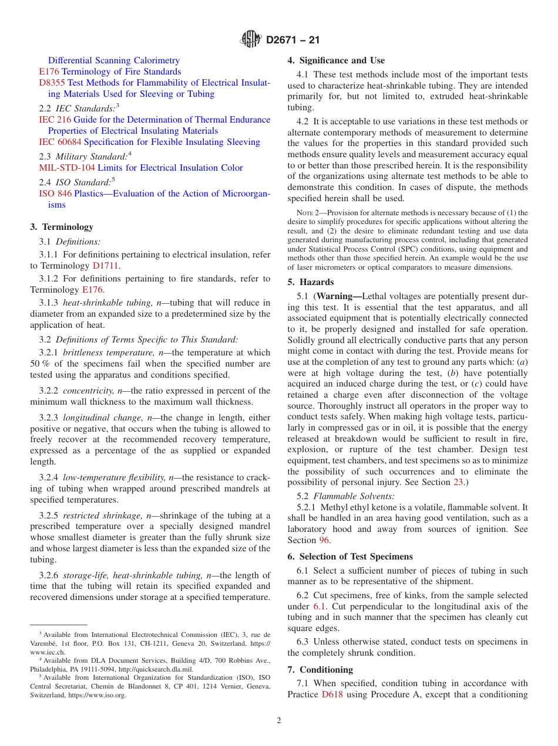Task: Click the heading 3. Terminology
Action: pyautogui.click(x=62, y=227)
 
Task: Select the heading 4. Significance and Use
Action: pyautogui.click(x=336, y=60)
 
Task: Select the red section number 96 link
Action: pyautogui.click(x=324, y=540)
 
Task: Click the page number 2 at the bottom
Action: pyautogui.click(x=279, y=721)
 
